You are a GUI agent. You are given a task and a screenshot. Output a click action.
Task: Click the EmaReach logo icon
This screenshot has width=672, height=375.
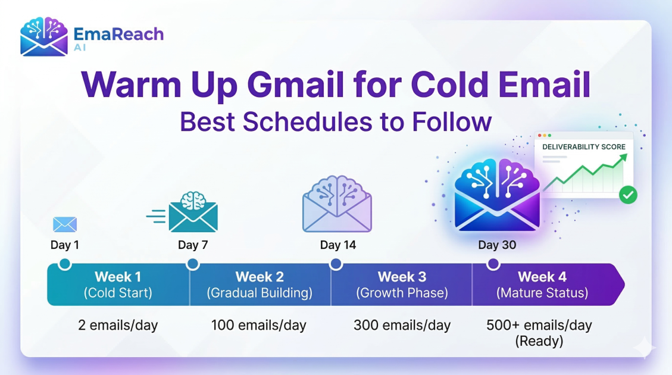[x=43, y=37]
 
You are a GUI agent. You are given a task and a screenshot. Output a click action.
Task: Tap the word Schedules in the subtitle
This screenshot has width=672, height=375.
[x=307, y=121]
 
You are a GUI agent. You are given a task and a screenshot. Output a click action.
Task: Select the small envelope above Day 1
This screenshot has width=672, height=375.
[x=65, y=224]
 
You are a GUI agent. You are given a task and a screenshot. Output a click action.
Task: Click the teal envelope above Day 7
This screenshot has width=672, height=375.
[x=193, y=212]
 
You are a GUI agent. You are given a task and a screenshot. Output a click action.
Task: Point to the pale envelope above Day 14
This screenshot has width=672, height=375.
[x=337, y=204]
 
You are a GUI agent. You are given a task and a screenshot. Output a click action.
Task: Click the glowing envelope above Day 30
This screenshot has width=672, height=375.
[x=497, y=195]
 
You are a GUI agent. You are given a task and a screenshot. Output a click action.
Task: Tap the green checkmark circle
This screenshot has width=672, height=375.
[x=628, y=195]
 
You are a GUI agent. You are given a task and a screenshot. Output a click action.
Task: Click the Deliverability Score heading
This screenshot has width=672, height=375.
[x=584, y=147]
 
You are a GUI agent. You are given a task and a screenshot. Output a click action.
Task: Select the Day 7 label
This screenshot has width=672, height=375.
[x=193, y=245]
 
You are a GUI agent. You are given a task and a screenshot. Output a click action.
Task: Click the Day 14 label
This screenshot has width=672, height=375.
[x=337, y=245]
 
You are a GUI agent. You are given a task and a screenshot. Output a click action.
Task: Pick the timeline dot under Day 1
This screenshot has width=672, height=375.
[x=65, y=264]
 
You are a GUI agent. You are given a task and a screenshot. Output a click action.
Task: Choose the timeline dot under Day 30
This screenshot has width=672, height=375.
[x=493, y=264]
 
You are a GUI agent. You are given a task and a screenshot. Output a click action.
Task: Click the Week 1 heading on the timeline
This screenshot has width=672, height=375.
[x=118, y=277]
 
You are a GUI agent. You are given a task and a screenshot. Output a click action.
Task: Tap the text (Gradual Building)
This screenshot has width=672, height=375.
[x=260, y=293]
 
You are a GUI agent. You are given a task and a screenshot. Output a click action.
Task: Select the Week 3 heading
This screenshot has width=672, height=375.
[x=402, y=277]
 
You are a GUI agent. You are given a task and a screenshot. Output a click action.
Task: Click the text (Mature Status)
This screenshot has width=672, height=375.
[x=542, y=293]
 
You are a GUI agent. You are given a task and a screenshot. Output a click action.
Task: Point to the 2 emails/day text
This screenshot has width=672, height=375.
[x=118, y=325]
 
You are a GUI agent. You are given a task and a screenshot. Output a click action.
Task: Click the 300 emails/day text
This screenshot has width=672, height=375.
[x=402, y=325]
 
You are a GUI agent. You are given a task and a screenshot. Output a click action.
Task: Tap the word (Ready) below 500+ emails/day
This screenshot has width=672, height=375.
[x=539, y=342]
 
